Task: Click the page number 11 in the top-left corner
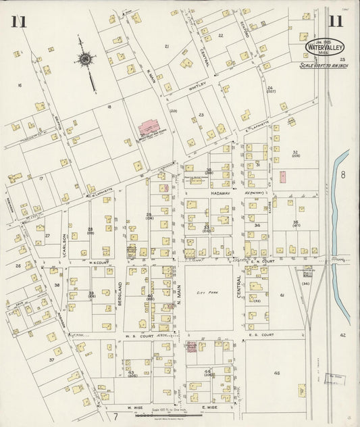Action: coord(18,21)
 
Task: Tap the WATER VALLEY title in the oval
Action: coord(326,49)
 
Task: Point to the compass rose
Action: coord(86,61)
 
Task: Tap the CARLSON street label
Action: coord(65,240)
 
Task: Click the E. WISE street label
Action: coord(209,407)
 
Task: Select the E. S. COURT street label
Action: coord(260,334)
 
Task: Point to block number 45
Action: coord(277,372)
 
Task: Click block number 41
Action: coord(282,295)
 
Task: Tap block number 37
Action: coord(51,360)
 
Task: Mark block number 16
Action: coord(20,85)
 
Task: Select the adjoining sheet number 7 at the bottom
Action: coord(115,416)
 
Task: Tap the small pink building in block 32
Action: coord(282,176)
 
